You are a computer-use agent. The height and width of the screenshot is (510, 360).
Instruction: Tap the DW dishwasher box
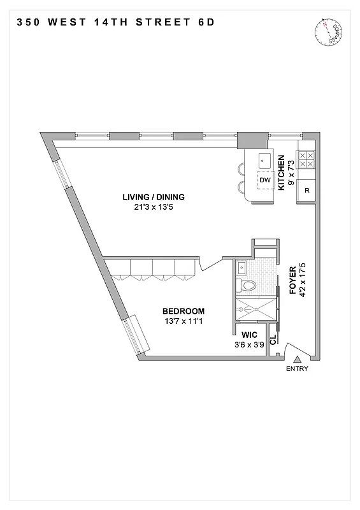pos(265,180)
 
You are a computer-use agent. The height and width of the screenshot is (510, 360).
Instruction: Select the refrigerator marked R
pos(306,190)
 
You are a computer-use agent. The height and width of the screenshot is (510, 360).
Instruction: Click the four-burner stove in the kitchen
pos(306,159)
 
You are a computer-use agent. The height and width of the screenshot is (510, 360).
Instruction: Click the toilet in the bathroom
pos(248,285)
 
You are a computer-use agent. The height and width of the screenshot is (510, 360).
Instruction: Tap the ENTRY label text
pos(297,369)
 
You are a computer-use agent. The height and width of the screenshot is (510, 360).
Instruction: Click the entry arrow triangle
pos(297,360)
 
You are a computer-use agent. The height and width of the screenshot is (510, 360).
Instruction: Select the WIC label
pos(248,335)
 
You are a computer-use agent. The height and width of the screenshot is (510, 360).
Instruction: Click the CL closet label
pos(273,340)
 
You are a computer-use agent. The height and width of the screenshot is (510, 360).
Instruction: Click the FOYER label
pos(292,279)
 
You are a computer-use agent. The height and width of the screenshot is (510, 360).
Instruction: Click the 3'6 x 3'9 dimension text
pos(248,345)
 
